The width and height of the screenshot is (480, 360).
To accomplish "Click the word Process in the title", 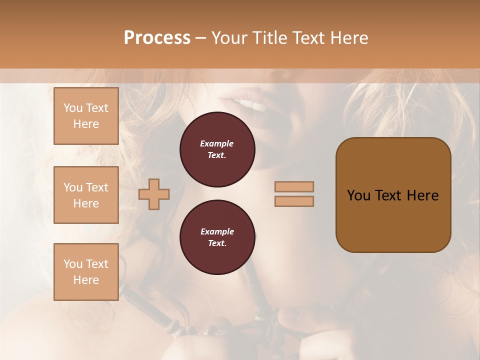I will [x=157, y=38].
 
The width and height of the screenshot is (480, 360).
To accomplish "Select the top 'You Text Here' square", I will [x=86, y=116].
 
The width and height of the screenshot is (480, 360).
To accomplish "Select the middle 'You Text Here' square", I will [x=86, y=195].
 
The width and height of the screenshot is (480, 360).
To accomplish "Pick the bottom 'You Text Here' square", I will [x=86, y=272].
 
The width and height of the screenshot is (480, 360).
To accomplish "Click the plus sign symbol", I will [x=154, y=194].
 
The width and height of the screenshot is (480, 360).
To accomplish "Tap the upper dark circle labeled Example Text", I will [x=217, y=149].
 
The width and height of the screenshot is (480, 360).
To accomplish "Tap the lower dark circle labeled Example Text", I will [x=217, y=237].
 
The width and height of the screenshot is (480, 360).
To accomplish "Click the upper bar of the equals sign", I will [x=294, y=186].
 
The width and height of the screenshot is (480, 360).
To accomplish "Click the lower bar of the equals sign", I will [x=294, y=201].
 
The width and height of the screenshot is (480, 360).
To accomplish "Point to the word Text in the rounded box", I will [x=388, y=195].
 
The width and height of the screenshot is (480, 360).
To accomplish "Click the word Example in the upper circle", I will [x=217, y=143].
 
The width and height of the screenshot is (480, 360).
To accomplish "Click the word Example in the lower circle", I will [x=217, y=231].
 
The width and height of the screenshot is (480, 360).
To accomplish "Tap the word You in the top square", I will [x=73, y=108].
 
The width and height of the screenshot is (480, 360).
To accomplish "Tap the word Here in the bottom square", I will [x=86, y=280].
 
